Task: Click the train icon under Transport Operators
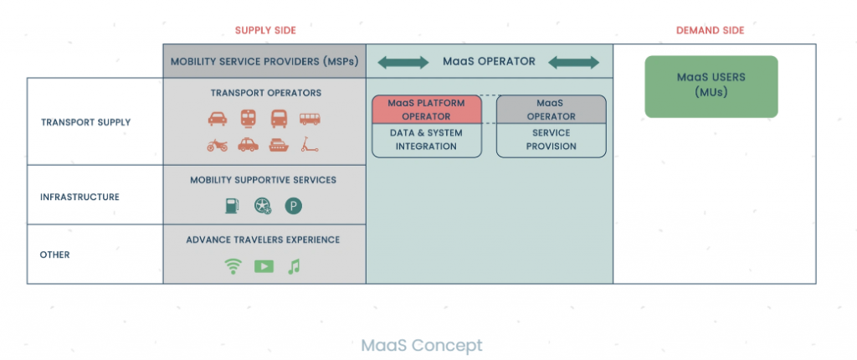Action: pos(248,118)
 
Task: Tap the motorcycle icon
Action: pos(217,145)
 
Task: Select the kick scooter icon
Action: pos(310,145)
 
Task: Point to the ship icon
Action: pos(279,145)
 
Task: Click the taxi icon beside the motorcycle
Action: pos(248,145)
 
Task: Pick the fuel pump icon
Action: pos(233,206)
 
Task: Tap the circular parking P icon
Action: pos(294,206)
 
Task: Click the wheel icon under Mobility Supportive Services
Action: pos(263,206)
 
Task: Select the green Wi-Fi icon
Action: pos(233,266)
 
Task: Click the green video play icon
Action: pos(264,266)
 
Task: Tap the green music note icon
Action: pos(294,266)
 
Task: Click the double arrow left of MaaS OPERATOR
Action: pos(403,62)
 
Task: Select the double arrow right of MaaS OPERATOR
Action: pos(573,62)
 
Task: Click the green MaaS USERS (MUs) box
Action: pos(711,86)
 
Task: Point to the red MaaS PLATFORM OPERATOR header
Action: pos(427,110)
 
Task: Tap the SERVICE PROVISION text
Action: pos(552,140)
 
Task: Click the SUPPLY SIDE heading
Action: pos(265,31)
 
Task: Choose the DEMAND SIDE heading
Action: pos(711,31)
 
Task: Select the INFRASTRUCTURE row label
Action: pos(80,197)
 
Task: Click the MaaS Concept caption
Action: pos(422,345)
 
